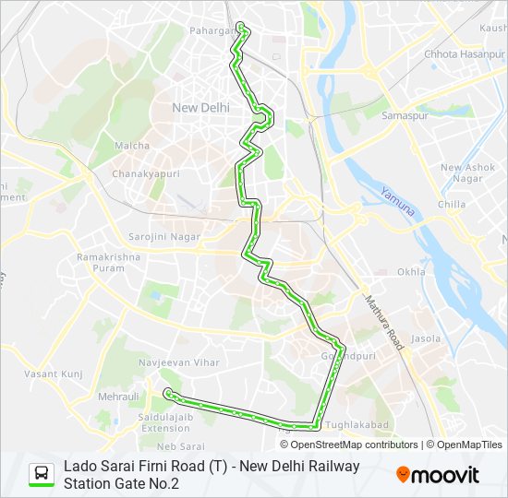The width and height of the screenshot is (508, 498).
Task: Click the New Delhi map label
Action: [201, 108]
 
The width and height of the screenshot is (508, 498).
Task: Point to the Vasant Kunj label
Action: [54, 373]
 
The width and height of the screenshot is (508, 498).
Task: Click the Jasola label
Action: [427, 338]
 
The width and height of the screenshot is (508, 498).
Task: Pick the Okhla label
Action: [411, 272]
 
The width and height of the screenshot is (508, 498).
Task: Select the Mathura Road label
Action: [384, 322]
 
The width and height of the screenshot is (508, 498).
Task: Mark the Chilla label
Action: [452, 204]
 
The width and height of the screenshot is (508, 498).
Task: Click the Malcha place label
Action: [132, 146]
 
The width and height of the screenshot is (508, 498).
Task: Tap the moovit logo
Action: [438, 475]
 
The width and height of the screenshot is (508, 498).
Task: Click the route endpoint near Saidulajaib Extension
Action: [167, 394]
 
